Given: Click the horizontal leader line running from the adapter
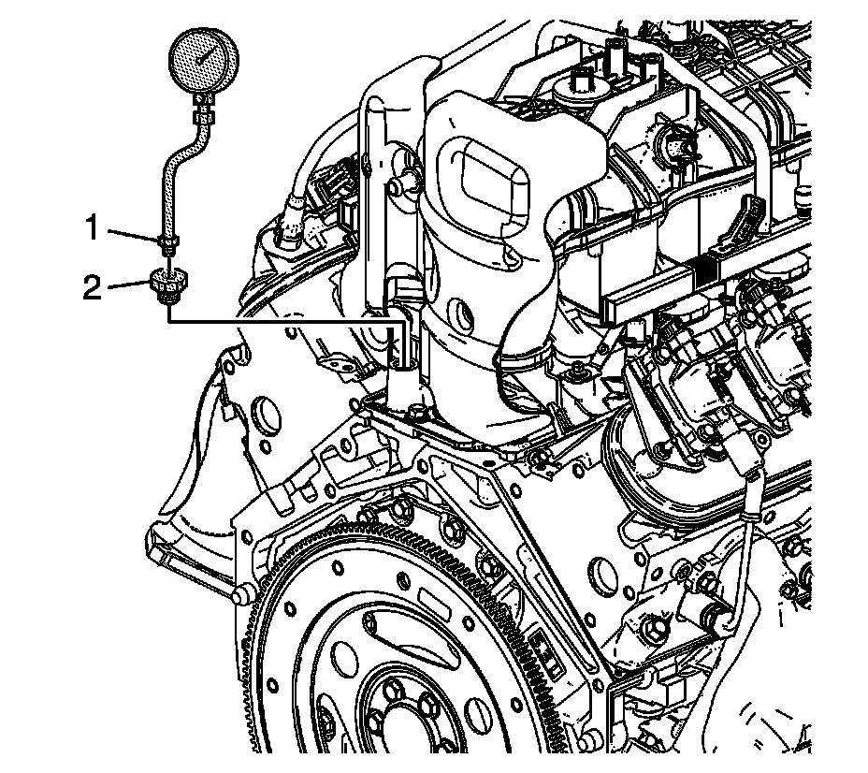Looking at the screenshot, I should click(x=281, y=321).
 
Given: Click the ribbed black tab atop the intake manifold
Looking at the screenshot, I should click(x=755, y=221).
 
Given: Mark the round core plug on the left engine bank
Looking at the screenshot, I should click(x=265, y=412).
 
